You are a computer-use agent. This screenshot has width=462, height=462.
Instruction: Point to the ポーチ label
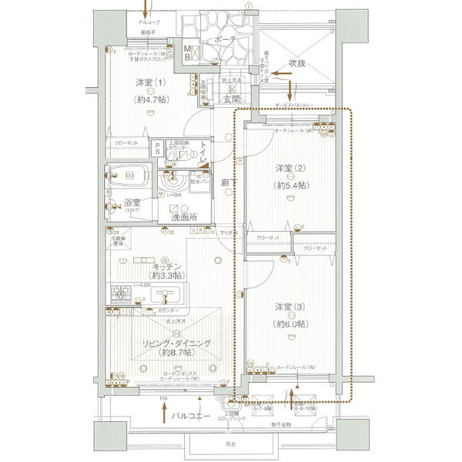click(x=226, y=38)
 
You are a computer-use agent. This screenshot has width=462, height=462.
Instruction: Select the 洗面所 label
click(x=183, y=218)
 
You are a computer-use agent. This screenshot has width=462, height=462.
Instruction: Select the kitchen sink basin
click(x=166, y=293)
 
